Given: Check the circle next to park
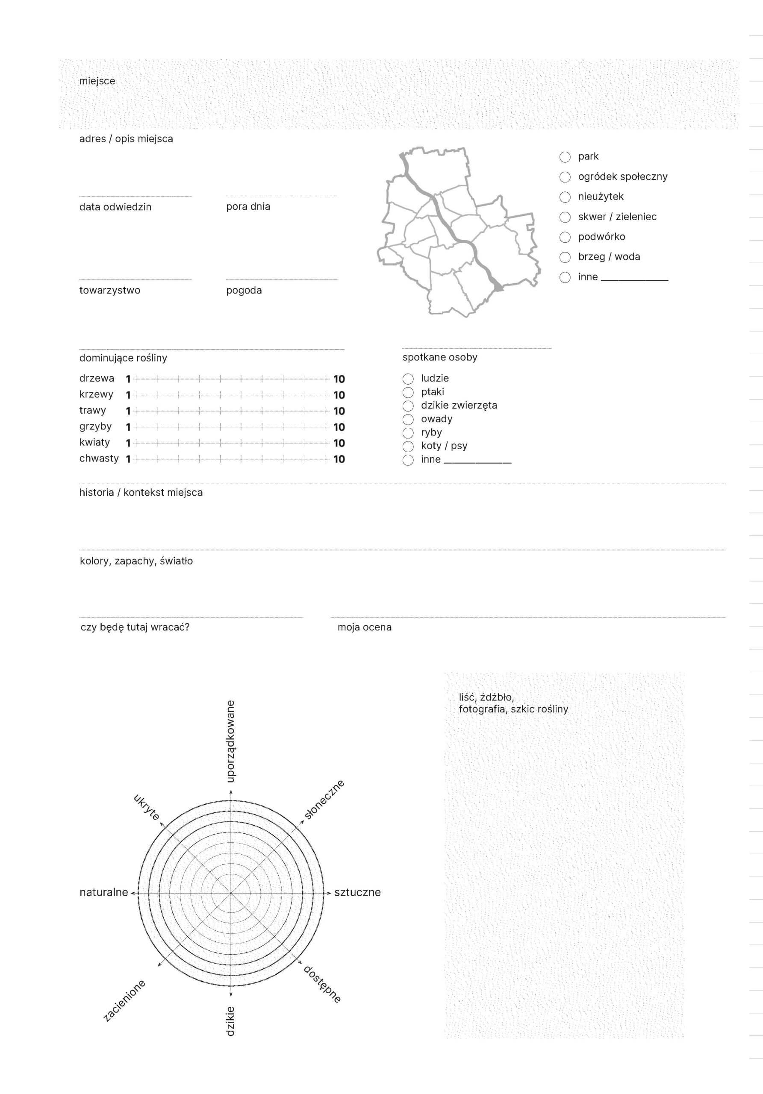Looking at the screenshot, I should coord(565,157).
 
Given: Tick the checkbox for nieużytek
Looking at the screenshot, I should coord(565,197).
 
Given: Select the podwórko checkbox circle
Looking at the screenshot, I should coord(565,237).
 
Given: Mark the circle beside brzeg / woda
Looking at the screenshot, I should coord(565,257).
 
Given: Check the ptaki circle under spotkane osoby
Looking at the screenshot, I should coord(408,392).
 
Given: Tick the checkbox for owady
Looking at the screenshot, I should coord(408,419).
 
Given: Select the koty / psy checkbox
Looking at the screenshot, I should coord(408,446).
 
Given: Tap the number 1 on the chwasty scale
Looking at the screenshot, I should coord(128,459).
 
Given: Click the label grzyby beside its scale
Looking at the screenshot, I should coord(95,426).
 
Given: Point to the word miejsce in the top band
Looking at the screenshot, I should coord(97,81).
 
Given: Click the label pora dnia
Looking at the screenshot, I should coord(248,206).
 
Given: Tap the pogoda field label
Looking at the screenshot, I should coord(244,290).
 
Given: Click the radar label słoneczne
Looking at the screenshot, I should coord(324,800).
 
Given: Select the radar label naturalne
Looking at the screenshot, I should coord(104,892).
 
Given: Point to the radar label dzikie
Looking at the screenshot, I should coord(230,1021).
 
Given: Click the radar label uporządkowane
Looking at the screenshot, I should coord(230,741).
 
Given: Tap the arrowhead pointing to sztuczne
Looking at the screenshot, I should coord(329,893).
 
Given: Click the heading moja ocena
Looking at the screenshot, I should coord(364,627).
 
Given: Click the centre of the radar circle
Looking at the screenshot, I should coord(231,893).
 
